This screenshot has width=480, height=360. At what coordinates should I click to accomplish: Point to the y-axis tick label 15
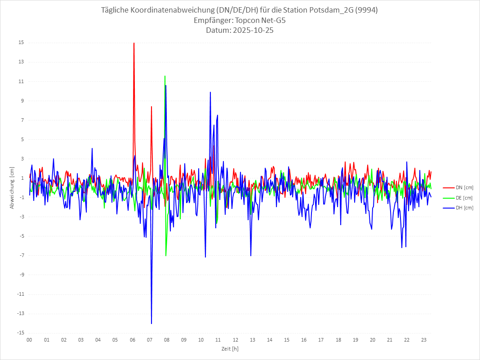point(21,43)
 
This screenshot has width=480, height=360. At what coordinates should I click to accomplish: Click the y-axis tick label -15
point(20,333)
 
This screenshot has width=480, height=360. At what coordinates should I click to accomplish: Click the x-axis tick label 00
point(29,340)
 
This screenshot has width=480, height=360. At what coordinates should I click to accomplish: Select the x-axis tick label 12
point(236,340)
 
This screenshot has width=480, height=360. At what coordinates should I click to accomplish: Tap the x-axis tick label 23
point(424,340)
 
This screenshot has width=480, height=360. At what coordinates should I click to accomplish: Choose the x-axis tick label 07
point(150,340)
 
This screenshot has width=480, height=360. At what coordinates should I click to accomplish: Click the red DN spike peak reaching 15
point(134,43)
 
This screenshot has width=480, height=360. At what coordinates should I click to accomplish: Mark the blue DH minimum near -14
point(151,323)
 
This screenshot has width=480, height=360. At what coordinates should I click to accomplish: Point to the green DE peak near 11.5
point(165,76)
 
